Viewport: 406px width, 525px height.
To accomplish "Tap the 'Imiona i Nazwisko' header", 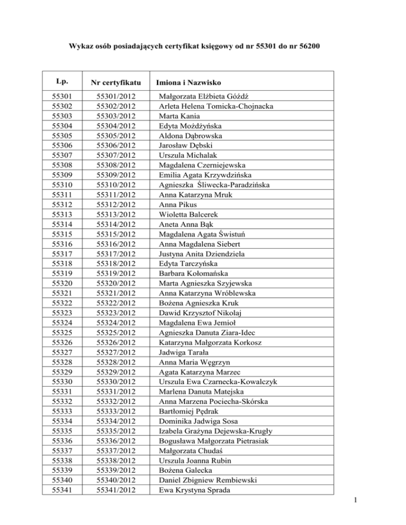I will coord(188,83).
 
